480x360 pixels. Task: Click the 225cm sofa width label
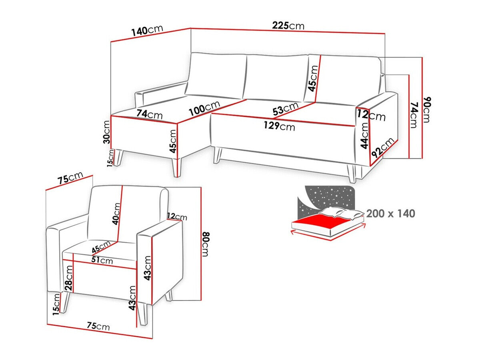[x=288, y=26]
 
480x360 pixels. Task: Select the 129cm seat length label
[x=279, y=126]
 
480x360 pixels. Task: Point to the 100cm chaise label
[x=204, y=108]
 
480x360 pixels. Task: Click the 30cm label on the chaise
[x=107, y=132]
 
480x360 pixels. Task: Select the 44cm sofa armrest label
[x=364, y=135]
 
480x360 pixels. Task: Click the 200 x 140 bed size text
[x=390, y=214]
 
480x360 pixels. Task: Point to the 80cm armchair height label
[x=206, y=244]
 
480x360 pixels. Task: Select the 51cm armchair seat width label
[x=102, y=260]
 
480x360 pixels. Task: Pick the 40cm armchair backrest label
[x=116, y=214]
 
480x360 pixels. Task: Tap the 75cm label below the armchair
[x=98, y=326]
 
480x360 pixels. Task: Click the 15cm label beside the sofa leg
[x=111, y=158]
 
